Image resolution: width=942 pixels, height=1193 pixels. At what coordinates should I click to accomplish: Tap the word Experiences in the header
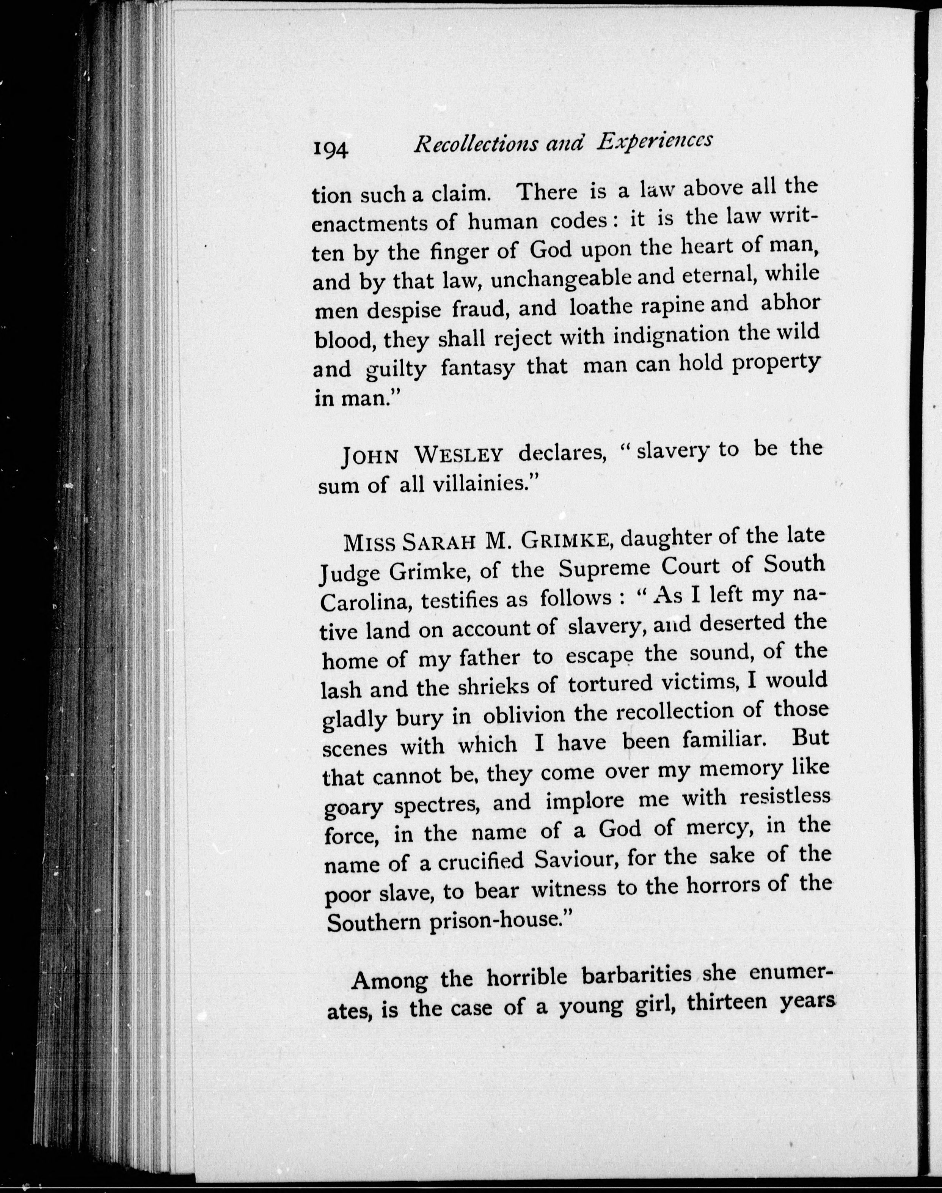[654, 141]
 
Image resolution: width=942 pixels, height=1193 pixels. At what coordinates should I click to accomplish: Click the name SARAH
[438, 543]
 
